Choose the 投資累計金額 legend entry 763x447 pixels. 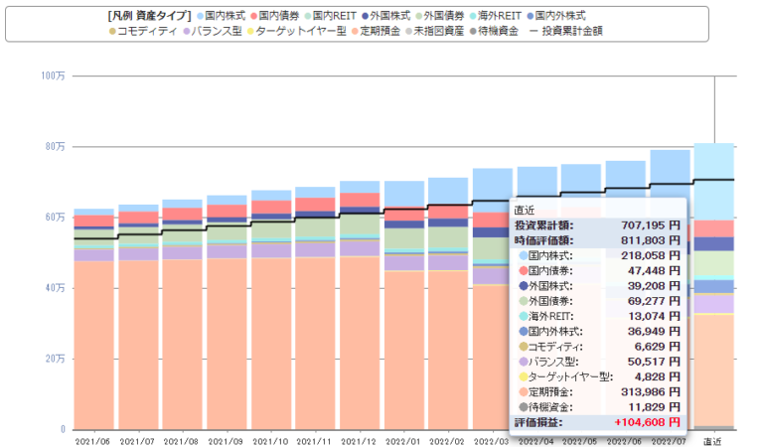click(x=570, y=31)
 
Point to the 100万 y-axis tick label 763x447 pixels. click(x=53, y=75)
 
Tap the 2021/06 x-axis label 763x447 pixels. click(x=93, y=440)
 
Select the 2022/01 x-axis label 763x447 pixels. click(x=404, y=440)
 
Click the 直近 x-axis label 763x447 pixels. click(x=712, y=440)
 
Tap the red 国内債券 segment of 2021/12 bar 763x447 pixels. click(x=360, y=199)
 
